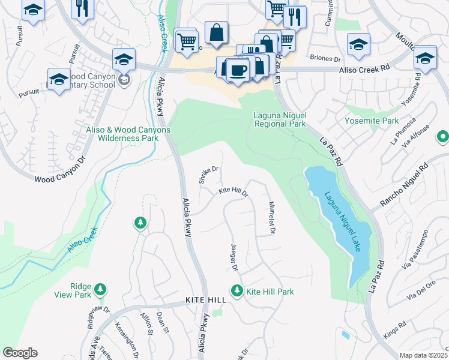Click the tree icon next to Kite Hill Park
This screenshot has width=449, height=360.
[x=237, y=291]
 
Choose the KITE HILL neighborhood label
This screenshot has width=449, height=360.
[x=206, y=299]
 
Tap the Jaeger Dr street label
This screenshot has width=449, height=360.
[x=234, y=257]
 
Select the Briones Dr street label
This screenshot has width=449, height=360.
[x=325, y=59]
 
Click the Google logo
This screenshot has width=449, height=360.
[x=20, y=353]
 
